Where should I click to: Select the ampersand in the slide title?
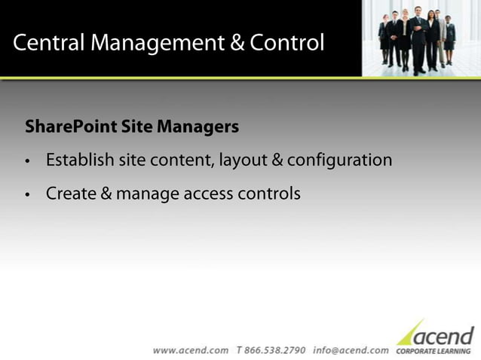click(237, 43)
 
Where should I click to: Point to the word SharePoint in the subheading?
click(71, 127)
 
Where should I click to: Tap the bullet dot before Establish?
click(28, 162)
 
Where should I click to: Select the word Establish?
click(80, 160)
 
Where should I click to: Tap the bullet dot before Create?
click(28, 195)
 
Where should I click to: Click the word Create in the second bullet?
click(69, 194)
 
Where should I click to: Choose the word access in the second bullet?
click(207, 194)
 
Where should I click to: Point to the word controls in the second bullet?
click(269, 194)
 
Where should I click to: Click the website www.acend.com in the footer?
click(191, 350)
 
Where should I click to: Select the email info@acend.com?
click(351, 350)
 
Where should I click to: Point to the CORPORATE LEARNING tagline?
click(434, 351)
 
